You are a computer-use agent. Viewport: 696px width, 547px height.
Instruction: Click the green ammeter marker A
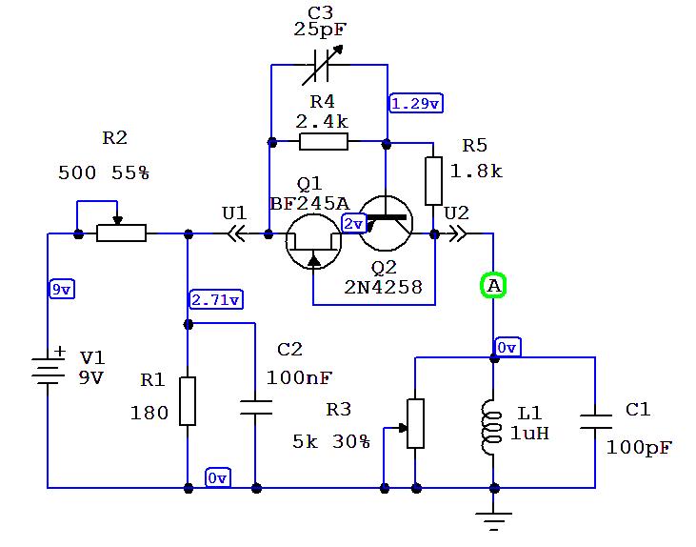pyautogui.click(x=493, y=285)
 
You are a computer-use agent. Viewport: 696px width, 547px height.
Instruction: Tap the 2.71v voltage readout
pyautogui.click(x=216, y=300)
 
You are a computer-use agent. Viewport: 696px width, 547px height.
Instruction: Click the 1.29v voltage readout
pyautogui.click(x=415, y=103)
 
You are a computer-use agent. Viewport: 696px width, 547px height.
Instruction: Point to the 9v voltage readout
pyautogui.click(x=60, y=290)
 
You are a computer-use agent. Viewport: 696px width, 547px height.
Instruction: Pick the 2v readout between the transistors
pyautogui.click(x=353, y=223)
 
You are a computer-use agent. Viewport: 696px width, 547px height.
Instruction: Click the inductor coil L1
pyautogui.click(x=493, y=421)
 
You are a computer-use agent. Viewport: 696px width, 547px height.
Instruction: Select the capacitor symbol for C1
pyautogui.click(x=595, y=421)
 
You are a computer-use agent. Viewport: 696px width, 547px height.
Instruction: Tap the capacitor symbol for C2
pyautogui.click(x=255, y=407)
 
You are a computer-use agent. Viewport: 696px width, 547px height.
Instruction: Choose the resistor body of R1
pyautogui.click(x=188, y=401)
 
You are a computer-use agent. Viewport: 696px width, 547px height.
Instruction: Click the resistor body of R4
pyautogui.click(x=324, y=143)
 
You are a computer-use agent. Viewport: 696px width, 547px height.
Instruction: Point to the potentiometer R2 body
pyautogui.click(x=121, y=233)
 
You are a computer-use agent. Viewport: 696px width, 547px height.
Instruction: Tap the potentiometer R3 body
pyautogui.click(x=415, y=423)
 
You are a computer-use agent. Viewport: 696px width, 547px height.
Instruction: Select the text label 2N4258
pyautogui.click(x=384, y=286)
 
